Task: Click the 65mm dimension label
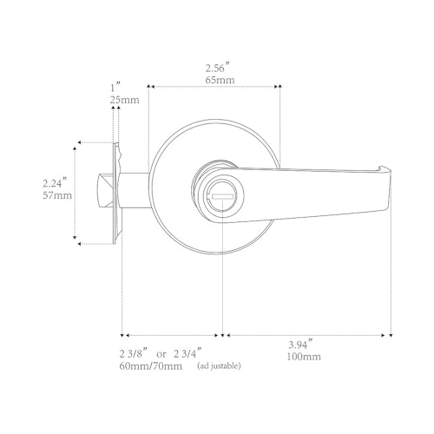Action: [220, 80]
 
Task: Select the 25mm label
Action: [124, 100]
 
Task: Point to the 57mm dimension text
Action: [57, 195]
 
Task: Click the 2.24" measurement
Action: [55, 183]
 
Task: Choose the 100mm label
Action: [304, 357]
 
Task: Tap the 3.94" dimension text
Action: [301, 345]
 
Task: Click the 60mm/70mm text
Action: [151, 366]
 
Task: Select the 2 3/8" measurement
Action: [134, 353]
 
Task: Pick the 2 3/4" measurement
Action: [187, 353]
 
